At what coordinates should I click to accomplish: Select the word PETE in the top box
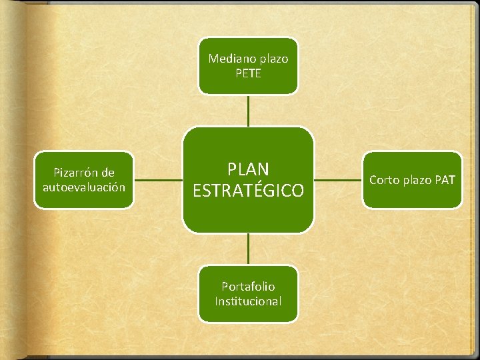tap(248, 73)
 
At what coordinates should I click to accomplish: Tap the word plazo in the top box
tap(271, 59)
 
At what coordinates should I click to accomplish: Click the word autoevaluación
tap(84, 187)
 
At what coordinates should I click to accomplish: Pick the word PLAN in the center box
tap(248, 169)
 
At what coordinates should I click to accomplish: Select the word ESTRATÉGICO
tap(248, 191)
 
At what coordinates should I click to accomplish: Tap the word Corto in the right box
tap(384, 180)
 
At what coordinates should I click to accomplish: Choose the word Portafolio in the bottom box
tap(248, 287)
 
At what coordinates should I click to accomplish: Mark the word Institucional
tap(248, 301)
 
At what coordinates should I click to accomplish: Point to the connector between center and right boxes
tap(338, 180)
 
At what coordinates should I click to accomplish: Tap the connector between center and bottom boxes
tap(248, 249)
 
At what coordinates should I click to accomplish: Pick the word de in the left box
tap(108, 173)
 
